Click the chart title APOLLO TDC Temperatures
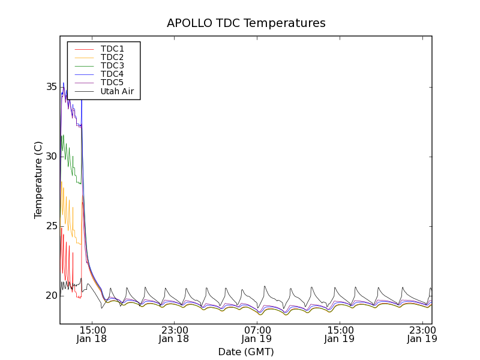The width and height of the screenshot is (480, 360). [x=246, y=23]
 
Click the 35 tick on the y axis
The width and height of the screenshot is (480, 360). [x=52, y=87]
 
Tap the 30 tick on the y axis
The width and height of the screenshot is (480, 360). [x=52, y=157]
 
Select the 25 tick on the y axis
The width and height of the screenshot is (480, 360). [x=52, y=226]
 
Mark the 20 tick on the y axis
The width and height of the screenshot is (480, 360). [x=52, y=296]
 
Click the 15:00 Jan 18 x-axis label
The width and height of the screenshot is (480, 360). [x=92, y=334]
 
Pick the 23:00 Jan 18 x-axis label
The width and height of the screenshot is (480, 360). [x=175, y=334]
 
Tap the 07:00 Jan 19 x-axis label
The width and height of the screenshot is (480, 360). [x=257, y=334]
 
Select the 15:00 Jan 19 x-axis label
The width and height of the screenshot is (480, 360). [x=340, y=334]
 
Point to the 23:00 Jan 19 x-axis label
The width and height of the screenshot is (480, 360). [x=422, y=334]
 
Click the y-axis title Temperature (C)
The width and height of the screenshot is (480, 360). [x=38, y=180]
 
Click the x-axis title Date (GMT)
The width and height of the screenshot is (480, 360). [x=246, y=352]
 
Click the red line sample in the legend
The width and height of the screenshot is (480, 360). [x=83, y=49]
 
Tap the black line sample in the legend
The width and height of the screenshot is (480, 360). [x=83, y=91]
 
